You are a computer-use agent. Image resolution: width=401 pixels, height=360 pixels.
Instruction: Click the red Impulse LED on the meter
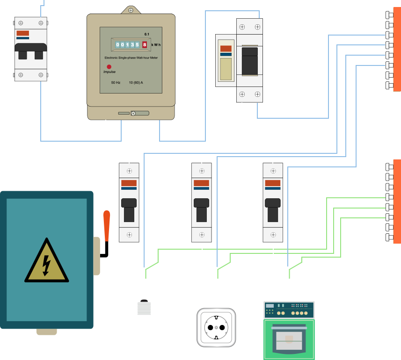click(109, 67)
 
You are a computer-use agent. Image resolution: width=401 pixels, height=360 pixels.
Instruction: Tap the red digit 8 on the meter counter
click(145, 45)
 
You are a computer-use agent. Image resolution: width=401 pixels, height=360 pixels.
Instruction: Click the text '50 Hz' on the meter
click(116, 82)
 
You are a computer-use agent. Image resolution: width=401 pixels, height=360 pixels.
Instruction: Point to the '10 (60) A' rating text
click(136, 82)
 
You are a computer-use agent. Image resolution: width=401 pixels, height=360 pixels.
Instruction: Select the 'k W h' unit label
click(156, 45)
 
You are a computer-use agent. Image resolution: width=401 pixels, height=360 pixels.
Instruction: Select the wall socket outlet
click(216, 328)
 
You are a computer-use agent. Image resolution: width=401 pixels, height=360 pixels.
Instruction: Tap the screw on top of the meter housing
click(131, 10)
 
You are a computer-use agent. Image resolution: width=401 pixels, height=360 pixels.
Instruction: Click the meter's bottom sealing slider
click(133, 113)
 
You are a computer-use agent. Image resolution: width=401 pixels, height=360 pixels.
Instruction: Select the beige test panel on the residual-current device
click(226, 69)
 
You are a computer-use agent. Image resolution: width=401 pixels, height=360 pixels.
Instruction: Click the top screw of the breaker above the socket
click(202, 171)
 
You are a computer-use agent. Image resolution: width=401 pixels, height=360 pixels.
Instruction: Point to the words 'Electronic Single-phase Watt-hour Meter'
click(131, 58)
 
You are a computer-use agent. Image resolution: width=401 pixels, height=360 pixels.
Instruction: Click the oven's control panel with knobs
click(289, 310)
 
